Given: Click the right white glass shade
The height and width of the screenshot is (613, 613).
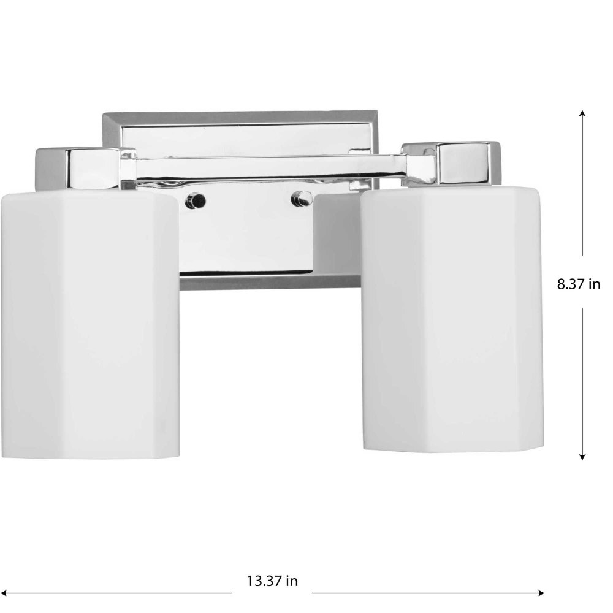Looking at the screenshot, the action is point(452,320).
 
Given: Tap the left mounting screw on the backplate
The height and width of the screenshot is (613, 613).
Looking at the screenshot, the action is point(196,201).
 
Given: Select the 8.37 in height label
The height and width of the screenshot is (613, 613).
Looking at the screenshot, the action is point(579,284).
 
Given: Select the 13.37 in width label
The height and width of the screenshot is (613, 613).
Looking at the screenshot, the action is point(272,581).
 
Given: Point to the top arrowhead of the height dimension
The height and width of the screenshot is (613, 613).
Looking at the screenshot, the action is point(582,114).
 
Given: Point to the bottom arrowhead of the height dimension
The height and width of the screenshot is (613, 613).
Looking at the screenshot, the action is point(582,456).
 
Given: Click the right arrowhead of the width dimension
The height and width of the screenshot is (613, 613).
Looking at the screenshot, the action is point(541,593).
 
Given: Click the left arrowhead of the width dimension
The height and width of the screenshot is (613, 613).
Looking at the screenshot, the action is point(3,593).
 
